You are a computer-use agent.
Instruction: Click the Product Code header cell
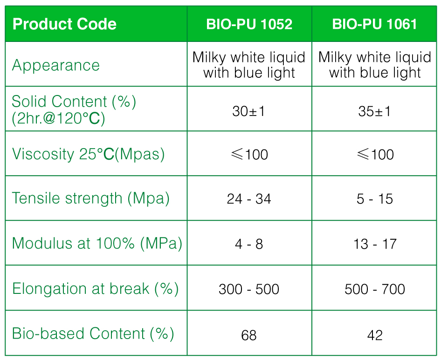64,24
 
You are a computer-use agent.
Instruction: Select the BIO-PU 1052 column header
249,24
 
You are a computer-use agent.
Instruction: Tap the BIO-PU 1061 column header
374,24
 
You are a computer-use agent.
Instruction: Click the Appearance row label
55,66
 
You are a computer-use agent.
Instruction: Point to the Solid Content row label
74,109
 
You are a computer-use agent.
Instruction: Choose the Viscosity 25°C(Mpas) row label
88,154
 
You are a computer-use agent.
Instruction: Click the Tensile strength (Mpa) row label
90,199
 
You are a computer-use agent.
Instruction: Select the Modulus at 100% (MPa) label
97,244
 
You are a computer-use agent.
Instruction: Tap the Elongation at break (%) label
96,289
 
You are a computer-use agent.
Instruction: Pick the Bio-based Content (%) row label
93,333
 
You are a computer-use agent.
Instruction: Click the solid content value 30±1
248,111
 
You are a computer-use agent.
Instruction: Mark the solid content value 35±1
374,111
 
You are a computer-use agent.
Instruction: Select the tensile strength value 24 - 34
249,199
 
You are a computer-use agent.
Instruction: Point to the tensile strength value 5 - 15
375,199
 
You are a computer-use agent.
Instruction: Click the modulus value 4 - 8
249,244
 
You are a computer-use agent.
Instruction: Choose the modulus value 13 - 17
375,244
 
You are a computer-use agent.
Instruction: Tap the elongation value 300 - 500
249,289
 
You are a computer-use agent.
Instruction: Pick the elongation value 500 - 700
375,289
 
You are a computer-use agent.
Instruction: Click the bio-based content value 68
249,335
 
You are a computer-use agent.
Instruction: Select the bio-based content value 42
375,335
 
